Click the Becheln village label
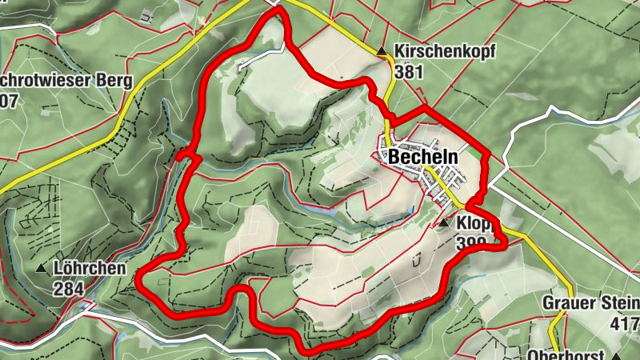point(423,158)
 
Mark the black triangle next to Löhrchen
point(42,268)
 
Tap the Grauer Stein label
point(591,303)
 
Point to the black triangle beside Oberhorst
point(616,356)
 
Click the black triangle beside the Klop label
point(444,223)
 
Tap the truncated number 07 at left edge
point(9,100)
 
